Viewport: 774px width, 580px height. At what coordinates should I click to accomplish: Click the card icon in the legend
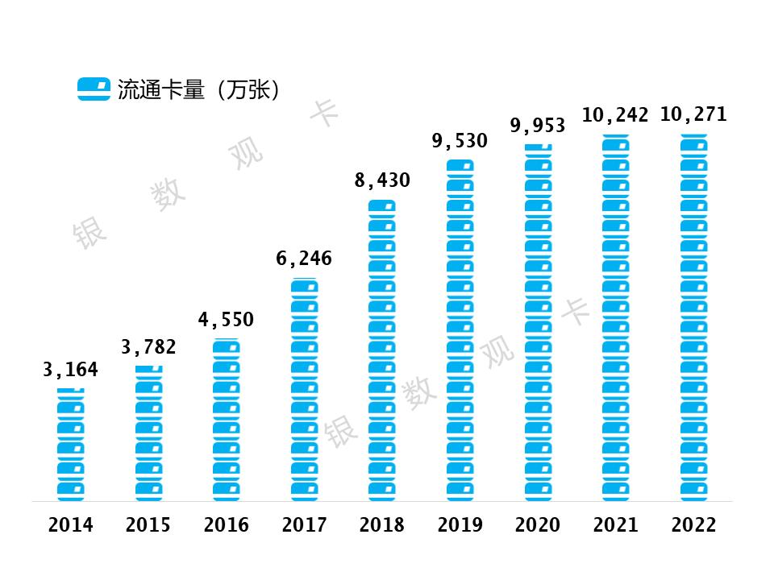tap(94, 89)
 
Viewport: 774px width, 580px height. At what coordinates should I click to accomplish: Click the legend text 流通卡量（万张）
tap(198, 89)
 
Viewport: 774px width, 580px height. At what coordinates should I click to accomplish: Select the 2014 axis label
tap(71, 525)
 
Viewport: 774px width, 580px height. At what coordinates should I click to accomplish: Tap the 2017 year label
tap(305, 525)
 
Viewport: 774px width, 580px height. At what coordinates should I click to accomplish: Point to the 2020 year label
tap(538, 525)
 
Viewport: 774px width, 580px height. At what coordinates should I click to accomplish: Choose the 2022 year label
tap(693, 525)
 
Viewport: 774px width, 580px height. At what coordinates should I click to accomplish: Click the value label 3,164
tap(70, 371)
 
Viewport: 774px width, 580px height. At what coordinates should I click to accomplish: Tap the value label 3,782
tap(148, 348)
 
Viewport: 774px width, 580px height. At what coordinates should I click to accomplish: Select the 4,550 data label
tap(226, 320)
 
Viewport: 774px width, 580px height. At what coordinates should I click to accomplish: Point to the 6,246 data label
tap(304, 259)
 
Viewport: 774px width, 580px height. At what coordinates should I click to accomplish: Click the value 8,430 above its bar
tap(382, 180)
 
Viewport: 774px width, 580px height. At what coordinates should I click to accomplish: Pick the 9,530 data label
tap(460, 141)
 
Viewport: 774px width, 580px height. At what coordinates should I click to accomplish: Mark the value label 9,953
tap(538, 126)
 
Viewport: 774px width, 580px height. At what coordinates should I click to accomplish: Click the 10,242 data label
tap(615, 115)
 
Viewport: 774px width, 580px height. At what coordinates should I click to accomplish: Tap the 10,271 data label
tap(693, 114)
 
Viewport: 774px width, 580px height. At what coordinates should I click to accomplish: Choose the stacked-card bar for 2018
tap(382, 350)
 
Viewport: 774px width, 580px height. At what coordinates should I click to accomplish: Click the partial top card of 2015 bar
tap(148, 369)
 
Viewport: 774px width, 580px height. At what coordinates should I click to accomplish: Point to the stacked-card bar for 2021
tap(616, 318)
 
